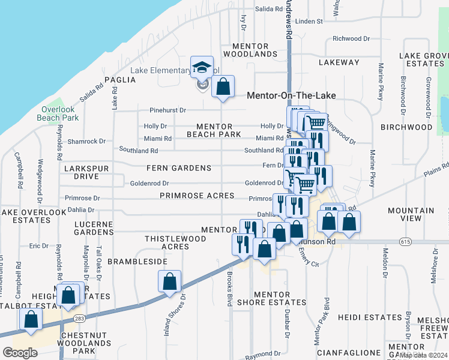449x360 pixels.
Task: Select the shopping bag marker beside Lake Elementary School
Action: pyautogui.click(x=223, y=87)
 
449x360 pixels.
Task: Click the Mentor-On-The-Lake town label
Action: pyautogui.click(x=291, y=95)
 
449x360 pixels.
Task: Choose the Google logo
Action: pyautogui.click(x=20, y=352)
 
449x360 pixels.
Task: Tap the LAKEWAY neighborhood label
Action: pyautogui.click(x=339, y=62)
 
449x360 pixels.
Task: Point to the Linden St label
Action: pyautogui.click(x=309, y=21)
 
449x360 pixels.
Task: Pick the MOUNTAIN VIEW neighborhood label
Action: pyautogui.click(x=411, y=215)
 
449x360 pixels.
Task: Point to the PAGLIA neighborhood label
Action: pyautogui.click(x=117, y=79)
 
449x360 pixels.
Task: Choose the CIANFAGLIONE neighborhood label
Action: pyautogui.click(x=348, y=352)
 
